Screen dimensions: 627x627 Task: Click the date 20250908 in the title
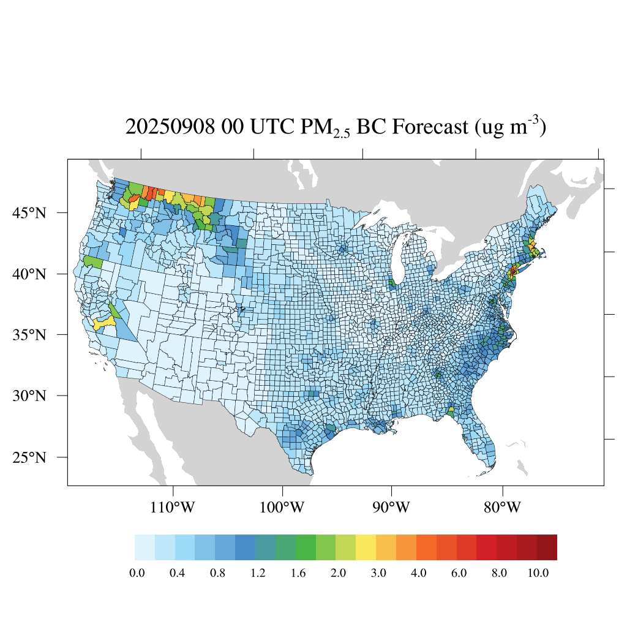[x=169, y=127]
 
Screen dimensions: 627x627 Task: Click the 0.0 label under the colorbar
[x=136, y=573]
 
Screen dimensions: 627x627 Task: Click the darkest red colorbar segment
[x=547, y=547]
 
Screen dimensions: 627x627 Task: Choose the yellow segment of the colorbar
[x=366, y=547]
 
